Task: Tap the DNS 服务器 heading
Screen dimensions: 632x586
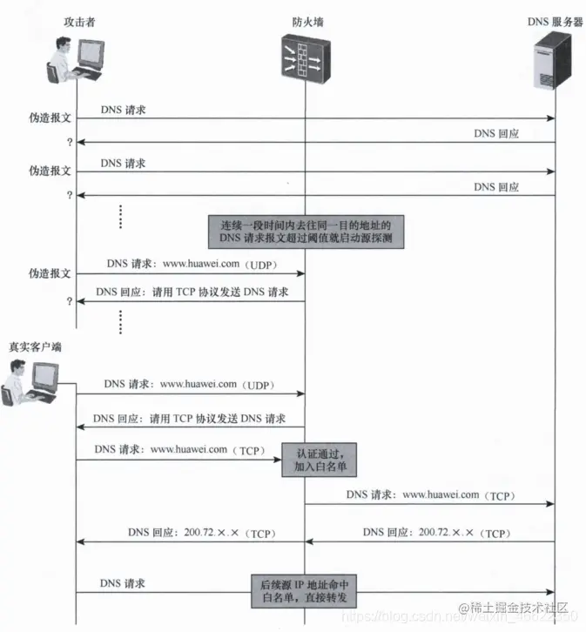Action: tap(555, 21)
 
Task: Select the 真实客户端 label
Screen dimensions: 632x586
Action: tap(35, 347)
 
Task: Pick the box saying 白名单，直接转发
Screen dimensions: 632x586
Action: tap(306, 589)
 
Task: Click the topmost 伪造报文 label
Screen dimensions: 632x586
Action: tap(50, 117)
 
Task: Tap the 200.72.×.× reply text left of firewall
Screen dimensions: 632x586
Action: tap(201, 532)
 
